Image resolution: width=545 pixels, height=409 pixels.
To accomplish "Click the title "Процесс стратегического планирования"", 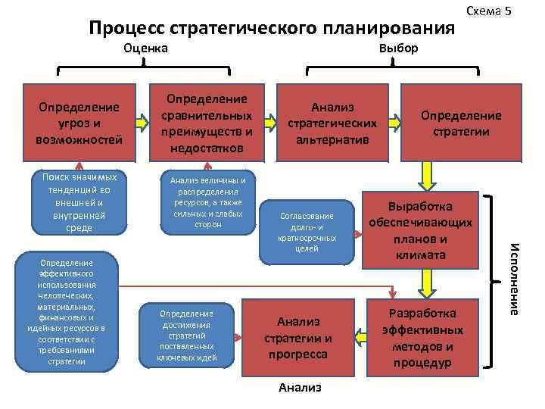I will coord(272,28).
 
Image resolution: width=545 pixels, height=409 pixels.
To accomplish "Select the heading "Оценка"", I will coord(145,48).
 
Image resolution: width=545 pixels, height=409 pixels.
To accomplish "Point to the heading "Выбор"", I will coord(398,48).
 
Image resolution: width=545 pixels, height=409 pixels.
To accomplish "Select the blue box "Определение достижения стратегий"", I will coord(187,336).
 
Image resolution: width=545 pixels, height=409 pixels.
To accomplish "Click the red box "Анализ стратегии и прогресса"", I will coord(302,337).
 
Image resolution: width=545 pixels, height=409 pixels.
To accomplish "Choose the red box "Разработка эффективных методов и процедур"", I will coord(421,337).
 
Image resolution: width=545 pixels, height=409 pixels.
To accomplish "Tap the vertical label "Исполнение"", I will coord(513,277).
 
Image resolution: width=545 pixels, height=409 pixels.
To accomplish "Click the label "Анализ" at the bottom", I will coord(300,387).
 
